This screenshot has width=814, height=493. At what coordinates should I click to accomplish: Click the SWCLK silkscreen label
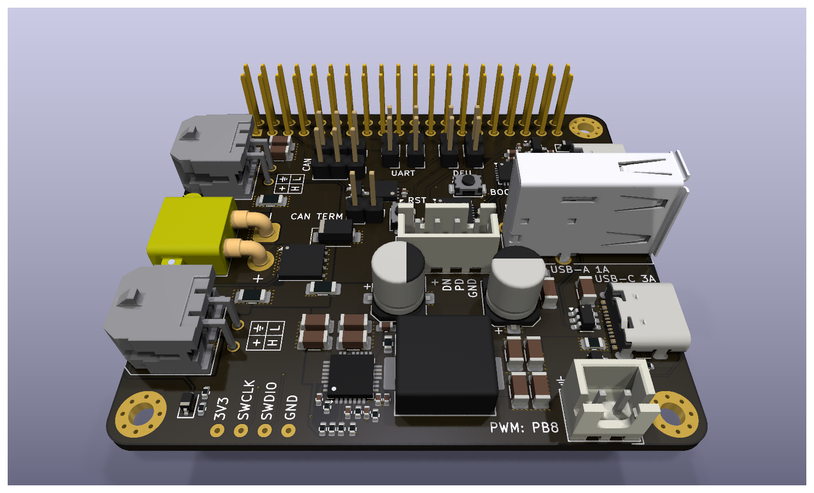246,400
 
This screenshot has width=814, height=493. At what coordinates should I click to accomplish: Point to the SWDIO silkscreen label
268,401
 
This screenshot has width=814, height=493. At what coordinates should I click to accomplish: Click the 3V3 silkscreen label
221,409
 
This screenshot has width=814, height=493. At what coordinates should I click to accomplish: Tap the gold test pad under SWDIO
265,431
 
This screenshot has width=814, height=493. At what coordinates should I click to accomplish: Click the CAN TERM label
316,217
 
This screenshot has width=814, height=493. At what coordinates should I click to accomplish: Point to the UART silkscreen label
403,173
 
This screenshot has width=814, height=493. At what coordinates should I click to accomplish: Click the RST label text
417,200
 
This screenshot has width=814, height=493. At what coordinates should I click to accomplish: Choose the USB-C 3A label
625,279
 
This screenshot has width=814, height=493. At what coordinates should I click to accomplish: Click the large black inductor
445,364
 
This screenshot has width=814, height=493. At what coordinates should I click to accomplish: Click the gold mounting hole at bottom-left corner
141,414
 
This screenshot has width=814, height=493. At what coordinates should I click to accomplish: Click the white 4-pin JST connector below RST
448,226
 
